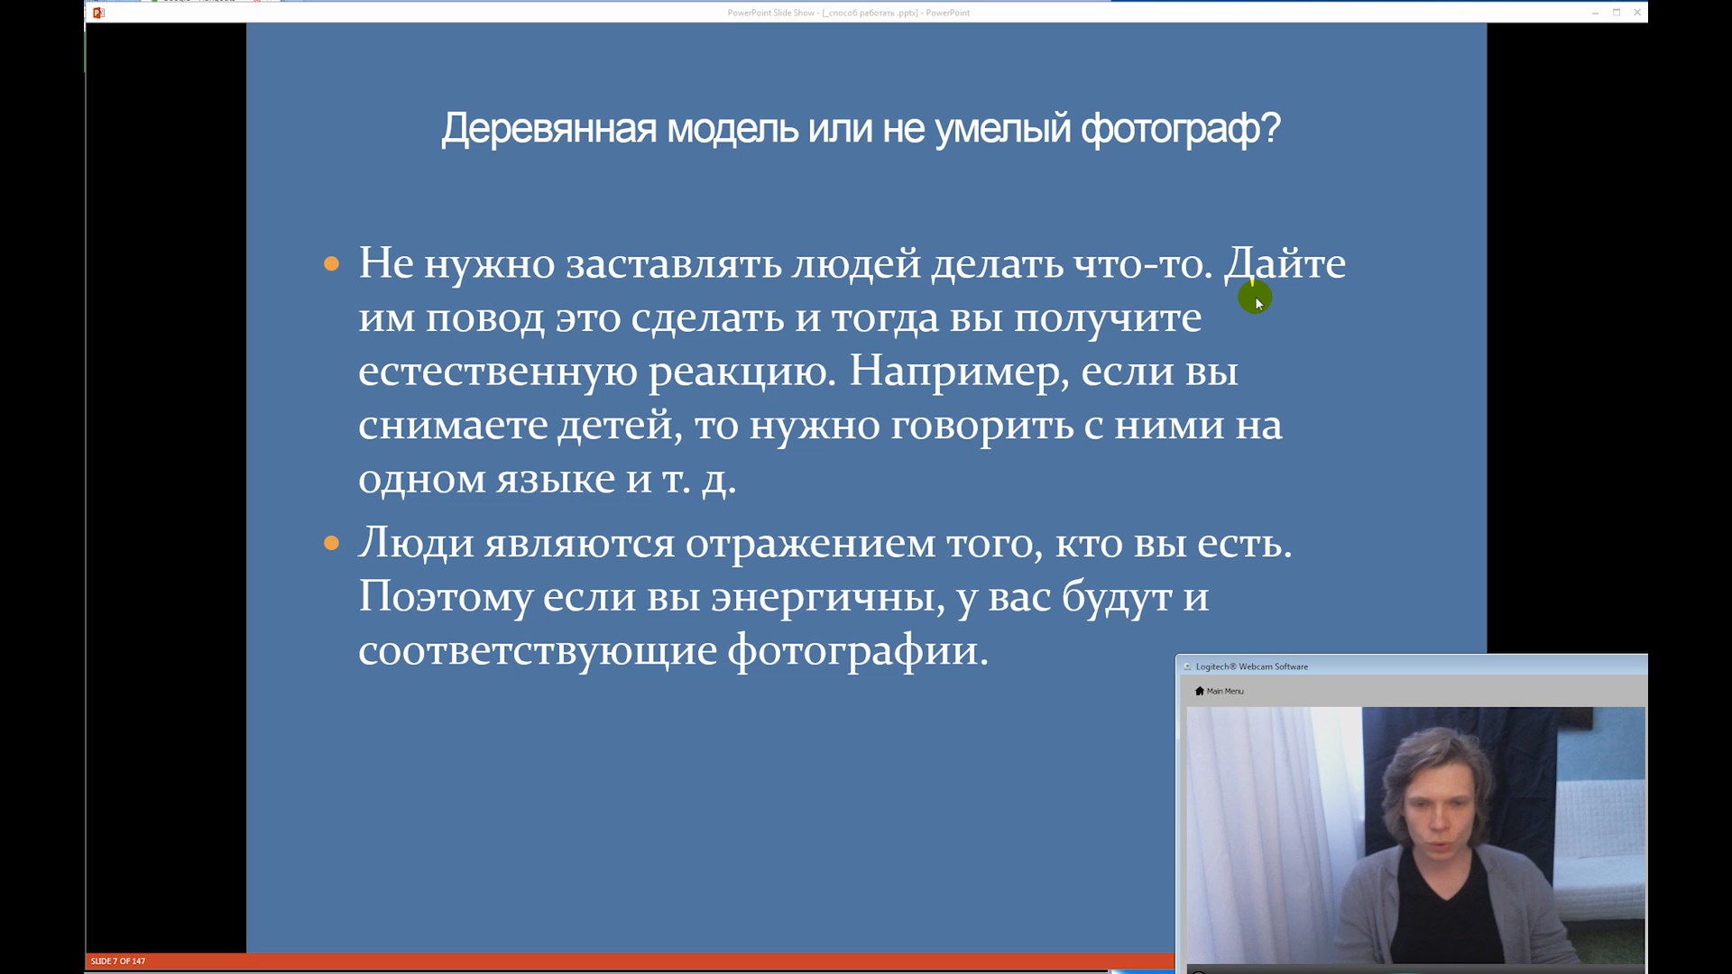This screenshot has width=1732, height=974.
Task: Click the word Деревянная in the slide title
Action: click(x=549, y=129)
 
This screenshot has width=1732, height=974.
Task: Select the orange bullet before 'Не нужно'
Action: click(x=331, y=264)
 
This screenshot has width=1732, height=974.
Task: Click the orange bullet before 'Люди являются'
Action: click(x=331, y=543)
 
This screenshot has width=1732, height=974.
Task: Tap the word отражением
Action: click(x=810, y=545)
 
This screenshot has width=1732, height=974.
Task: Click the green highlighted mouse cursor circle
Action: click(x=1255, y=297)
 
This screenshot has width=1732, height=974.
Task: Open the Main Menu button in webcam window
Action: click(x=1219, y=691)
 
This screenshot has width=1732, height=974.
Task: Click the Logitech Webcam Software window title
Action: click(x=1251, y=666)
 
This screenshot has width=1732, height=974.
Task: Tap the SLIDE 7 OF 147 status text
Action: click(x=118, y=961)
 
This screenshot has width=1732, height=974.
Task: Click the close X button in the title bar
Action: click(x=1637, y=13)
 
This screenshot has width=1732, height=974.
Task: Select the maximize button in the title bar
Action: click(x=1617, y=13)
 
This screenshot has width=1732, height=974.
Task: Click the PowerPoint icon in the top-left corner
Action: click(x=99, y=13)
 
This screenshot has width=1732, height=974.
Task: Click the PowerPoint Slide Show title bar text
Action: click(x=849, y=13)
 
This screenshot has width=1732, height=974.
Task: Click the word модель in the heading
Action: click(x=732, y=129)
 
